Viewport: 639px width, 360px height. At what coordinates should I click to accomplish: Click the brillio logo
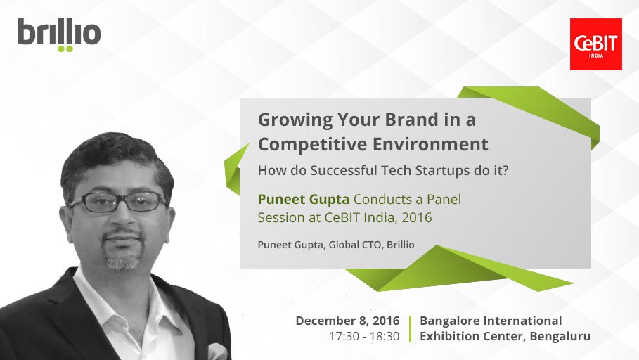click(59, 34)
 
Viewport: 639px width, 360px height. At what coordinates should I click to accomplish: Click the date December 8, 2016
click(347, 321)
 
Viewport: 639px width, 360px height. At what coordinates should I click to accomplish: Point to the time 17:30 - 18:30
click(363, 336)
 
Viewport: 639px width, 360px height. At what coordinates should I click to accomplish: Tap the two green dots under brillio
click(65, 49)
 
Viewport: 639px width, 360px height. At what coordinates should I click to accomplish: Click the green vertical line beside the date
click(410, 328)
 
